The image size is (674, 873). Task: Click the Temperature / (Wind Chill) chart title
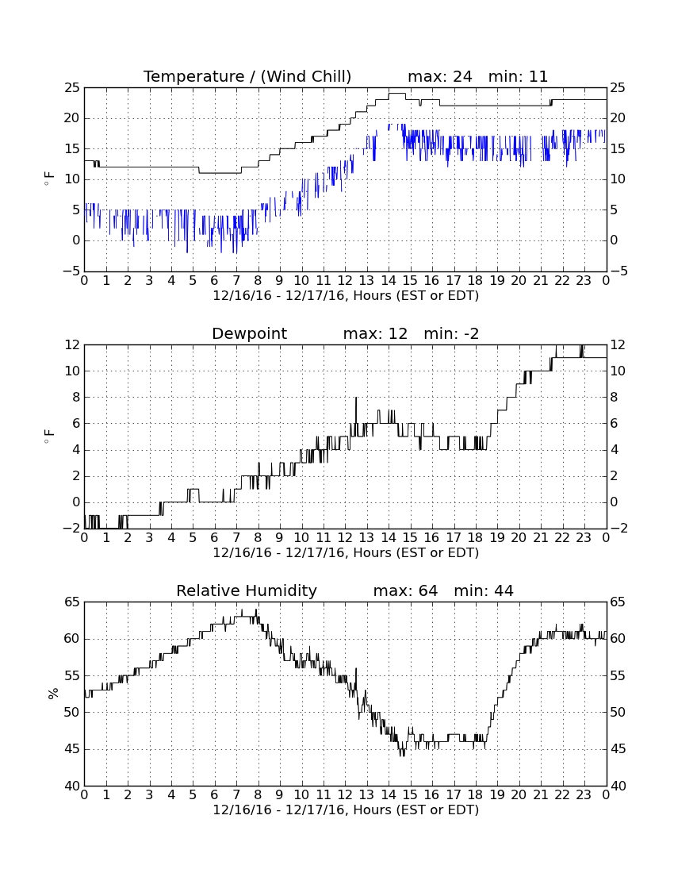click(247, 76)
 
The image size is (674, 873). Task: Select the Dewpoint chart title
click(249, 333)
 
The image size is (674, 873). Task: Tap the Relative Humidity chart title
click(247, 590)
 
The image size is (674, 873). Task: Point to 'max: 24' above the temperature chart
click(440, 76)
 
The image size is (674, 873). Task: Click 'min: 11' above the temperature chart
click(518, 76)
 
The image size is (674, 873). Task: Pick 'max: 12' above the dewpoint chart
click(375, 333)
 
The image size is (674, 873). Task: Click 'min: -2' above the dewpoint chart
click(451, 333)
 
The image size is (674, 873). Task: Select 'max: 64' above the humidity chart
click(405, 590)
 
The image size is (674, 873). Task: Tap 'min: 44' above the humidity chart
click(484, 590)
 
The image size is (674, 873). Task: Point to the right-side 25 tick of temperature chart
click(618, 88)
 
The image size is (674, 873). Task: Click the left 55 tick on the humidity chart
click(72, 676)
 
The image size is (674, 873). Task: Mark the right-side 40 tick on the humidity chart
click(618, 786)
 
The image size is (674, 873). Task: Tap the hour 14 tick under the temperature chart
click(389, 281)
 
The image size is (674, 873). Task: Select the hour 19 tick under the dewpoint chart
click(497, 538)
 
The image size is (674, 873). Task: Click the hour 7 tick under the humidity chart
click(236, 795)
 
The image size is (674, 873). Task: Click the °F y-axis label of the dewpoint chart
click(50, 436)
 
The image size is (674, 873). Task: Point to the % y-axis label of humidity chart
click(53, 694)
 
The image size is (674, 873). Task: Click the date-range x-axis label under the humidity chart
click(346, 810)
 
